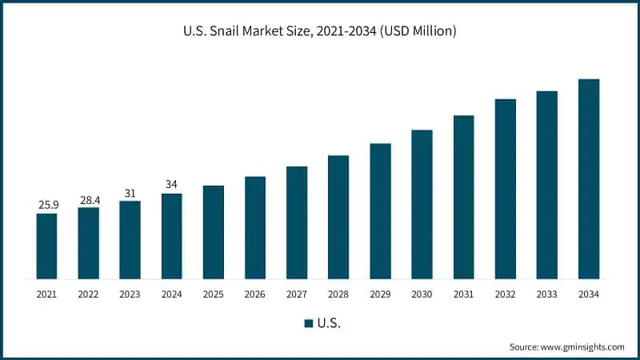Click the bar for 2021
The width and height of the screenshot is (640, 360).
click(x=46, y=246)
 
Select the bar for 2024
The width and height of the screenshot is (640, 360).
click(x=171, y=236)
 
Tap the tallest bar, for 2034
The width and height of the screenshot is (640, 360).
click(x=589, y=179)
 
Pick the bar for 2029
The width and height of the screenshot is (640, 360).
click(x=380, y=211)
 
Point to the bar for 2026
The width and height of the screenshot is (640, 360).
click(x=255, y=227)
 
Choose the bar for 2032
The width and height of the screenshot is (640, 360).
click(x=506, y=189)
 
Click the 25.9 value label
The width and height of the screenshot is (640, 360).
click(x=46, y=206)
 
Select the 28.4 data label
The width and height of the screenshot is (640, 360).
click(x=88, y=199)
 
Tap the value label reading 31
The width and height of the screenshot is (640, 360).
click(x=130, y=193)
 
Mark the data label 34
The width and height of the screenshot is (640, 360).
click(x=171, y=185)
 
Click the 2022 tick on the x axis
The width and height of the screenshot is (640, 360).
click(x=88, y=294)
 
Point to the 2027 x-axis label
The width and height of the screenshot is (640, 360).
click(x=297, y=294)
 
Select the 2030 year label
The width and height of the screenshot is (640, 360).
click(x=422, y=294)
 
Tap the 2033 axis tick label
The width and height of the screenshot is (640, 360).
click(x=547, y=294)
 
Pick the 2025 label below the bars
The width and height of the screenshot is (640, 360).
click(x=213, y=294)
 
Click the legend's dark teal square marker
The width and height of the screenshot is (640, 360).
click(x=308, y=323)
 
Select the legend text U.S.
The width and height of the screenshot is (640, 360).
click(x=328, y=323)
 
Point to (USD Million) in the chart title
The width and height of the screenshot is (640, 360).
click(x=417, y=32)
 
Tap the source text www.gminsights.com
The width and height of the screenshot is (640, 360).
click(x=582, y=347)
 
